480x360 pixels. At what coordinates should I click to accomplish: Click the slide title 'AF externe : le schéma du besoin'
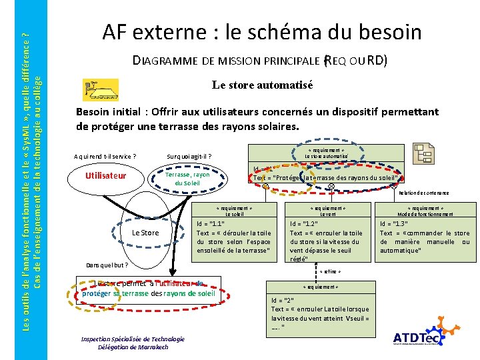(261, 31)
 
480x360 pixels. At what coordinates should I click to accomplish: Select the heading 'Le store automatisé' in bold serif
(262, 85)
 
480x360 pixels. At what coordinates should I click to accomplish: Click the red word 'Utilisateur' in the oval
(106, 176)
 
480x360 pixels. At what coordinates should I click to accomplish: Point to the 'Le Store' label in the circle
(145, 233)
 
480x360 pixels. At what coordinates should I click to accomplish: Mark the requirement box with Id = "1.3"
(425, 237)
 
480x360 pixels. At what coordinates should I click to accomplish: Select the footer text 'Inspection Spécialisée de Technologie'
(123, 339)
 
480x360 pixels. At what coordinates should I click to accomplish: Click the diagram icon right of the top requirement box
(423, 153)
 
